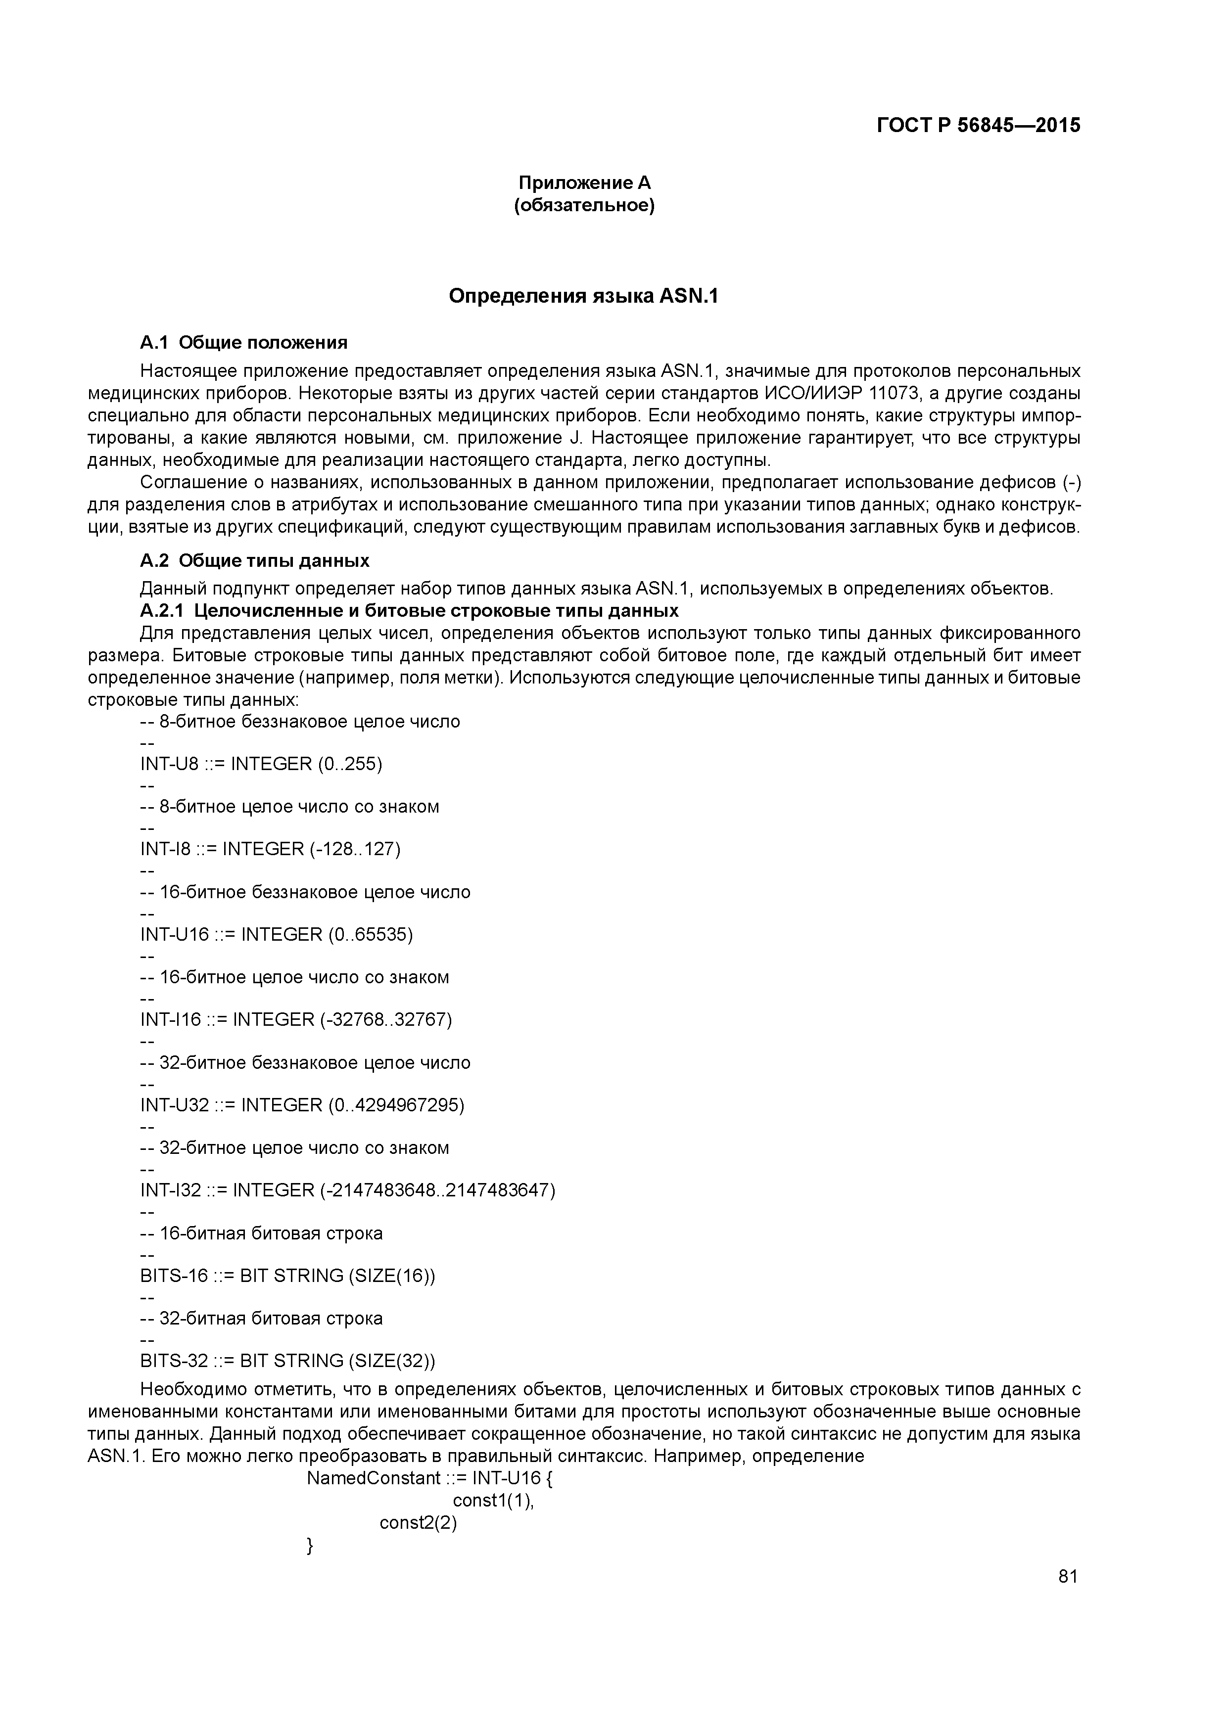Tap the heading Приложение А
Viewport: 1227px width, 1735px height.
click(x=584, y=183)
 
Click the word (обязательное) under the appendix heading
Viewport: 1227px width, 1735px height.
click(x=584, y=206)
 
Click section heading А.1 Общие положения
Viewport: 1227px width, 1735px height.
click(x=243, y=343)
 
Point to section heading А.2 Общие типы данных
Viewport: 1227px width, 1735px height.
click(x=255, y=561)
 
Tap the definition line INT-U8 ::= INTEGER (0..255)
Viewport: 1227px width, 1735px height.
click(x=261, y=764)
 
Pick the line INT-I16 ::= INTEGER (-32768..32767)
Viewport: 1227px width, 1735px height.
click(x=295, y=1020)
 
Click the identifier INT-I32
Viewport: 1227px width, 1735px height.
click(x=171, y=1191)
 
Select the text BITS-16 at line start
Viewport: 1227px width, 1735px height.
click(x=174, y=1277)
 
